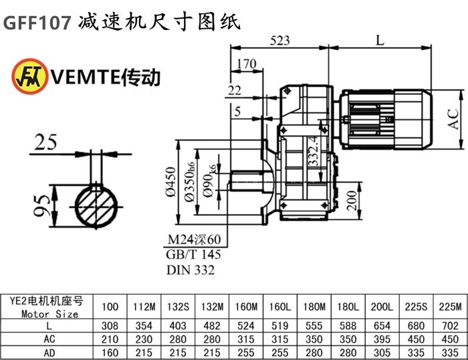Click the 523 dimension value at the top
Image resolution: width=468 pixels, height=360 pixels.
[x=280, y=39]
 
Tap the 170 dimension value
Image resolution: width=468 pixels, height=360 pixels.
[x=247, y=64]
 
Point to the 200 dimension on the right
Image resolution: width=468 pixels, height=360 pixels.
[x=351, y=201]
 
